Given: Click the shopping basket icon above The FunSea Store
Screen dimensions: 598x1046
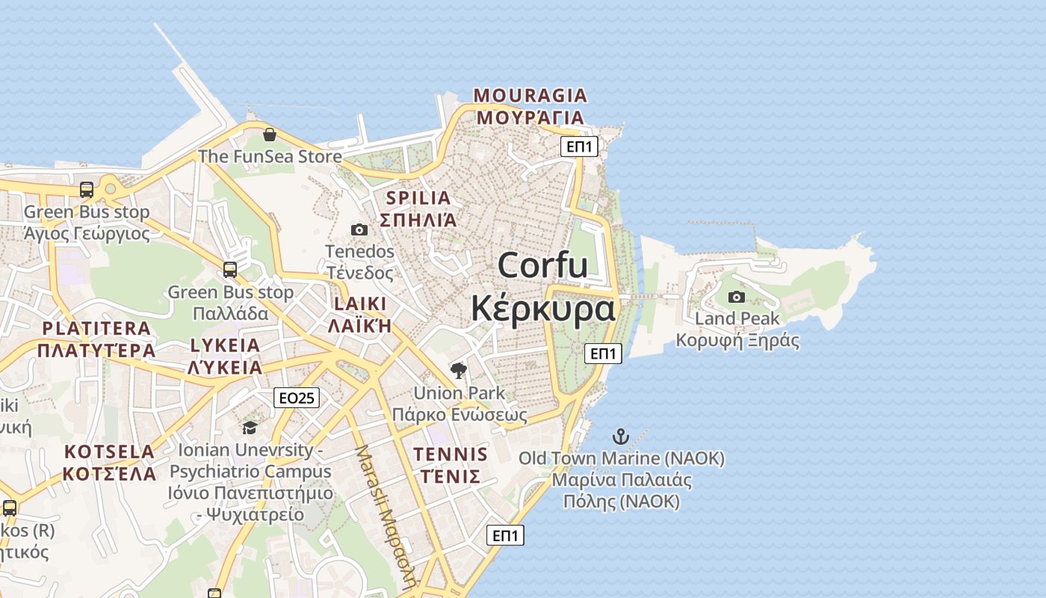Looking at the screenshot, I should click(x=270, y=135).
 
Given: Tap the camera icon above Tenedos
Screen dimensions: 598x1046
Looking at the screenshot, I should click(x=359, y=229).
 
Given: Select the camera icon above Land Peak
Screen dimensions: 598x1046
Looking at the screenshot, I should click(x=737, y=297).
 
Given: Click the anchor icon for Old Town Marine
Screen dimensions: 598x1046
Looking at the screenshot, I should click(x=621, y=436).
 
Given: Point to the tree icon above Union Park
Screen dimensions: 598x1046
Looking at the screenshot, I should click(x=459, y=370).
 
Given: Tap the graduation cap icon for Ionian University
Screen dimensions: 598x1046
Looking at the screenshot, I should click(x=250, y=428).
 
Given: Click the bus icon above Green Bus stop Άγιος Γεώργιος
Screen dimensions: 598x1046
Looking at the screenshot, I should click(x=87, y=190).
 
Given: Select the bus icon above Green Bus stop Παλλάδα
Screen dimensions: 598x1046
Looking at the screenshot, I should click(x=230, y=270).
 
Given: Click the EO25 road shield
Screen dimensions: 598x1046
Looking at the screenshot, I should click(x=297, y=398).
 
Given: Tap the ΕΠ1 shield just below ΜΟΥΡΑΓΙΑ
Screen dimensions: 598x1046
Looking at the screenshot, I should click(x=580, y=147).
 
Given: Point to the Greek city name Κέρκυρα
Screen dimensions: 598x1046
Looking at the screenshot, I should click(x=542, y=308).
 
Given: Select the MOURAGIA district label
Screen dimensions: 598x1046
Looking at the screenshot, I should click(x=530, y=96).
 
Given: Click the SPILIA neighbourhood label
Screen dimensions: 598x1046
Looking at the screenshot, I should click(x=418, y=198).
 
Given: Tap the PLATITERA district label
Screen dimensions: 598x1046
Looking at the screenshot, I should click(x=96, y=328).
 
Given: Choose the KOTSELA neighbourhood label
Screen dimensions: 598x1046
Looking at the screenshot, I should click(x=109, y=451).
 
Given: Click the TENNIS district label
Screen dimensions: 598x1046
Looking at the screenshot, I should click(x=451, y=454).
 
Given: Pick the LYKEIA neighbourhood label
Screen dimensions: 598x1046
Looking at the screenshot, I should click(x=225, y=345).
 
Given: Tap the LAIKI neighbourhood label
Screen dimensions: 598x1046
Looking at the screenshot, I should click(x=360, y=303).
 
